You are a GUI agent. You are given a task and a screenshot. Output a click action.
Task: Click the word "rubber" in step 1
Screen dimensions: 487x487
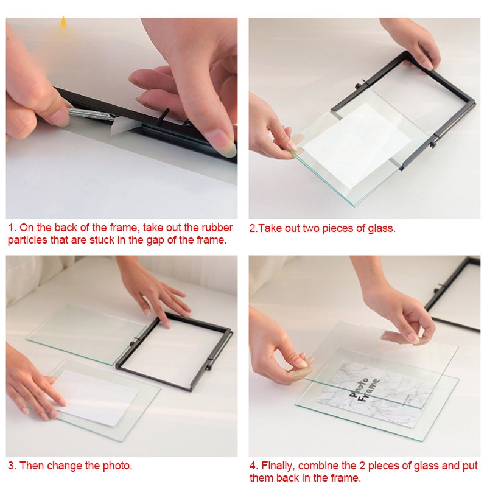coord(217,228)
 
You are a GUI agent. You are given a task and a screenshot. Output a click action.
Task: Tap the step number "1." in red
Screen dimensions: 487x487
coord(12,228)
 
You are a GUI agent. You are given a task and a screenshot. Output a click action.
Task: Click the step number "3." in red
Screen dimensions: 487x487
coord(12,466)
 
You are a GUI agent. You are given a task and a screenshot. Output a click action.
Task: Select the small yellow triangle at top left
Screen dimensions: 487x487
coord(63,21)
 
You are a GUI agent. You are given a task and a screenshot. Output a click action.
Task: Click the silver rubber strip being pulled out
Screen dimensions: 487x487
coord(90,114)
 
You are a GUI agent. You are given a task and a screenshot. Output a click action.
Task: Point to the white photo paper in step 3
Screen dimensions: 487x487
coord(95,398)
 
